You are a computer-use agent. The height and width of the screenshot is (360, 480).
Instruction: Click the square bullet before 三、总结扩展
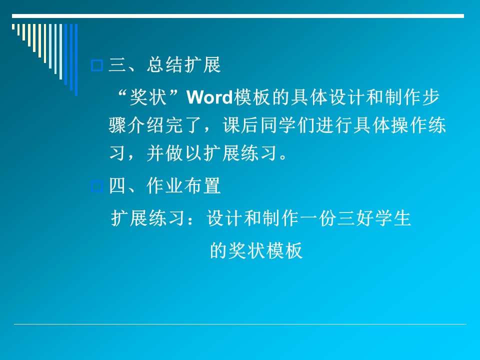click(x=97, y=65)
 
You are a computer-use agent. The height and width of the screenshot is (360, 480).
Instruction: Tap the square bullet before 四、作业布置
click(x=97, y=186)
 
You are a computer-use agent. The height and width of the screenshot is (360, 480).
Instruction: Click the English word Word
click(x=209, y=97)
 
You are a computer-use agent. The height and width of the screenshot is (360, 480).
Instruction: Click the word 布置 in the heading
click(x=202, y=186)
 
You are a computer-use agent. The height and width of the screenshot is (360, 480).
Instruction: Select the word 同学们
click(x=288, y=125)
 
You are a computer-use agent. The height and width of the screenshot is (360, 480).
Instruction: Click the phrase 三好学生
click(x=374, y=218)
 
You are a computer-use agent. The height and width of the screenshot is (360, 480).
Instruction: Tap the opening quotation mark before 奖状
click(x=122, y=93)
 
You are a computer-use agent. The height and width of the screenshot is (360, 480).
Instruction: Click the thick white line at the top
click(x=238, y=16)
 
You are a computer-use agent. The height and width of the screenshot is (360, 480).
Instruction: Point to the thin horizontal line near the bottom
click(x=240, y=324)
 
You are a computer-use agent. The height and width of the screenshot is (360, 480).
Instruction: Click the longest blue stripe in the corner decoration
click(x=76, y=60)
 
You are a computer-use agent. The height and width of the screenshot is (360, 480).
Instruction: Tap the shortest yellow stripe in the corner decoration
click(x=13, y=27)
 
